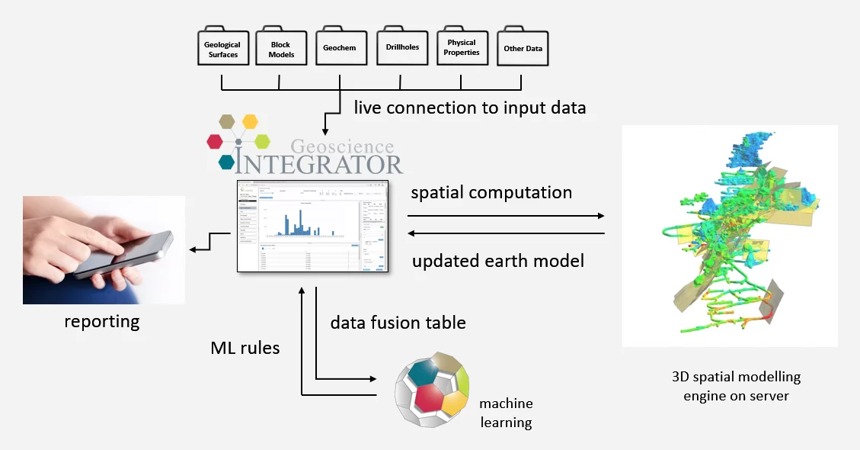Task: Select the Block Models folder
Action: [280, 50]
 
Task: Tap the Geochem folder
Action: [340, 48]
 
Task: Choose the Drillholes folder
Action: [401, 48]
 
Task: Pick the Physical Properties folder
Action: [462, 48]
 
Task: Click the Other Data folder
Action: [523, 48]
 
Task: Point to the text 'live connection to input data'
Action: [469, 108]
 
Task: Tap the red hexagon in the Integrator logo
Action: [216, 141]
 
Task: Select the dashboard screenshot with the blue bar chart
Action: [312, 226]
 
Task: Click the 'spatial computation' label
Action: [491, 192]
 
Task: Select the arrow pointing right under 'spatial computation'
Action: [507, 216]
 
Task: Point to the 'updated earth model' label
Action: [498, 261]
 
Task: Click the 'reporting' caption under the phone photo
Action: [103, 321]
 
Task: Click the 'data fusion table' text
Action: [398, 322]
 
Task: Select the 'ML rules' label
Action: [245, 348]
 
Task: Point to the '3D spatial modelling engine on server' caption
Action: [736, 386]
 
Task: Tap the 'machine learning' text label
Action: [506, 413]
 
